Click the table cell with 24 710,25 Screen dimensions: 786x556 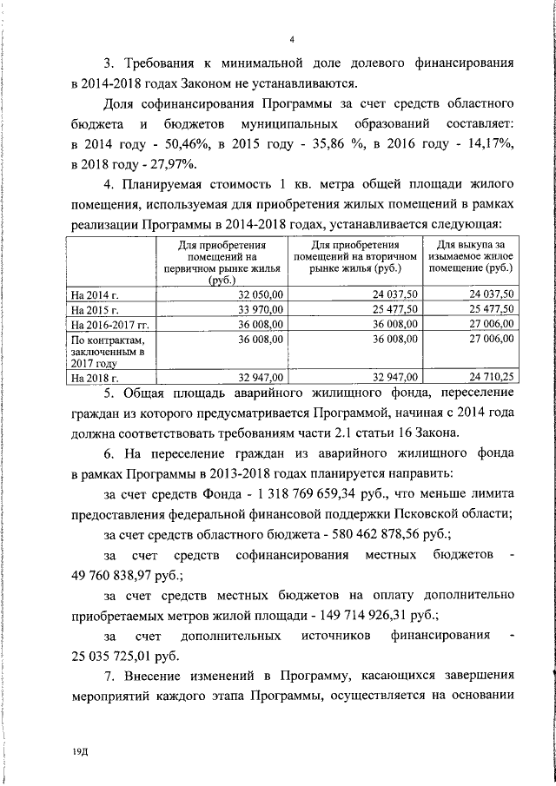[x=492, y=378]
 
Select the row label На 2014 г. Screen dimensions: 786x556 [x=94, y=295]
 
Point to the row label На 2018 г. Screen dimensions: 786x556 [x=94, y=379]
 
